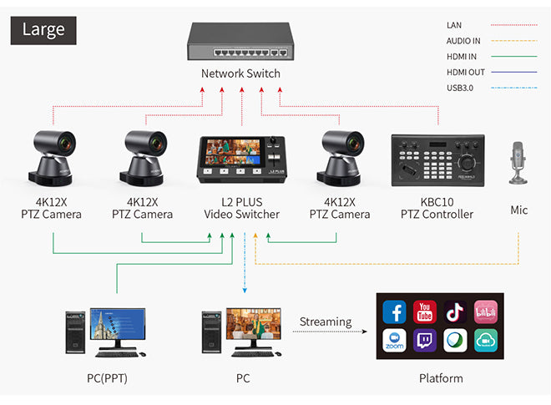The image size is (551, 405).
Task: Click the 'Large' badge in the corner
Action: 43,29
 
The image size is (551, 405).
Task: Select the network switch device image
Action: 240,42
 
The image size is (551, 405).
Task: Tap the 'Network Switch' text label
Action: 240,73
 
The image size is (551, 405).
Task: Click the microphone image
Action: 518,163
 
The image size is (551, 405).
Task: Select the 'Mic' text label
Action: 518,210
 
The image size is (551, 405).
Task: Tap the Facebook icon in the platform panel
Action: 395,312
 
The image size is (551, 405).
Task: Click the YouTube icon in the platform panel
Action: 425,312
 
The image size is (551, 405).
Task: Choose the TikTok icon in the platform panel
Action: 455,312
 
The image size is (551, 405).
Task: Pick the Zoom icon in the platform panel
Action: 395,342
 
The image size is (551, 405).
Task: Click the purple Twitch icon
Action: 425,342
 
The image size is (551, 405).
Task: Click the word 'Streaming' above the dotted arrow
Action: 326,321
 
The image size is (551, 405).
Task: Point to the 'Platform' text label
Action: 440,378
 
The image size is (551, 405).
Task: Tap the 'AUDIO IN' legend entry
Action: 464,40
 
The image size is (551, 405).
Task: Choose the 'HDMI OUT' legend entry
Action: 466,73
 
